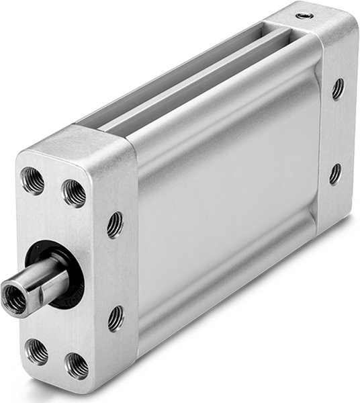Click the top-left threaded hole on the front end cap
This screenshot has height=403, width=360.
click(32, 179)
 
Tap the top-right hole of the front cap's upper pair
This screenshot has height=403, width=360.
click(75, 193)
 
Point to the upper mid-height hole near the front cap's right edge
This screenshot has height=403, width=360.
click(115, 225)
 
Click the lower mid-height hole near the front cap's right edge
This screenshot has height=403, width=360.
click(116, 318)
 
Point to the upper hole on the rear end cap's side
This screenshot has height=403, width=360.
click(337, 88)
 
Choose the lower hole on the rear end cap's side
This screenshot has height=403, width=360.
click(334, 174)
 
